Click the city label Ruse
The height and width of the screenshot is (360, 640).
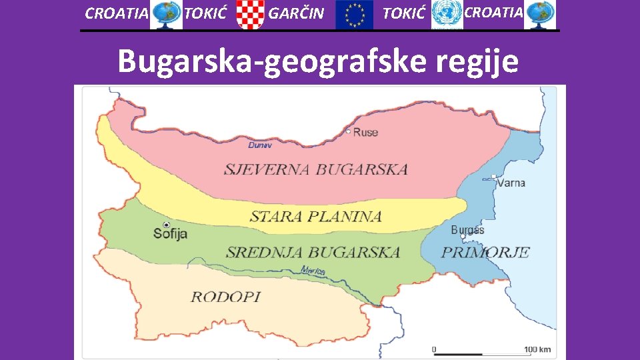click(x=366, y=132)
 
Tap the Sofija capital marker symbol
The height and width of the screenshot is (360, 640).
click(x=166, y=225)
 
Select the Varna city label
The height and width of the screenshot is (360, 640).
click(x=511, y=182)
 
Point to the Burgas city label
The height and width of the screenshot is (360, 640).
click(x=467, y=230)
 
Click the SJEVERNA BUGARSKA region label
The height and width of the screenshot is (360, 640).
click(x=315, y=169)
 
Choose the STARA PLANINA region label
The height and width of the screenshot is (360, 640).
click(x=315, y=216)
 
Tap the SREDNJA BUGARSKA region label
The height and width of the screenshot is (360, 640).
click(x=313, y=252)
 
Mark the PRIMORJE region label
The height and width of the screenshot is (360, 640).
click(x=485, y=252)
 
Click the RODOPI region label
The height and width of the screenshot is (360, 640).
click(x=225, y=297)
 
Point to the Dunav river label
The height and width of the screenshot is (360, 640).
click(x=259, y=145)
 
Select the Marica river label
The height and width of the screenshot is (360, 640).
click(x=313, y=271)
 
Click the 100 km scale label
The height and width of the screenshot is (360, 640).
click(x=537, y=349)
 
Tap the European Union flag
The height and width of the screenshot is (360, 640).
click(x=355, y=15)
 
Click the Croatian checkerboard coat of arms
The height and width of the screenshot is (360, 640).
click(x=251, y=15)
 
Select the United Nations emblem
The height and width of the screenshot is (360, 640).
click(x=446, y=15)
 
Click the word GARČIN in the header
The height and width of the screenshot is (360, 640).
click(x=295, y=13)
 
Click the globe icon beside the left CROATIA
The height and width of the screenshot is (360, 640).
click(x=166, y=15)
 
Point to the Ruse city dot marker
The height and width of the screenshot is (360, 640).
click(x=349, y=131)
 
